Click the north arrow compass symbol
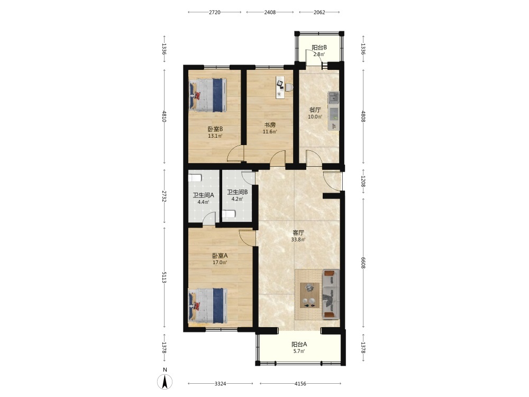(165, 382)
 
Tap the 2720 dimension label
(215, 13)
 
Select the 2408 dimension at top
(270, 13)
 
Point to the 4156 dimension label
(300, 384)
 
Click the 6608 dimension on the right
(363, 263)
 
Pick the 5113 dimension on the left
(165, 277)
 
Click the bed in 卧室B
(208, 95)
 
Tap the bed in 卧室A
(207, 305)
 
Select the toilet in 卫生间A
(195, 178)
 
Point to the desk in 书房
(280, 87)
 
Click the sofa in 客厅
(331, 294)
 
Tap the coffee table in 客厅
(309, 295)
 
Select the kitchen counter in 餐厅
(334, 111)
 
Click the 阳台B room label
(319, 48)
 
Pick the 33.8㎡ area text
(298, 240)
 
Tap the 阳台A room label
(299, 345)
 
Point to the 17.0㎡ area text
(220, 263)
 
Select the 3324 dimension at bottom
(220, 384)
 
